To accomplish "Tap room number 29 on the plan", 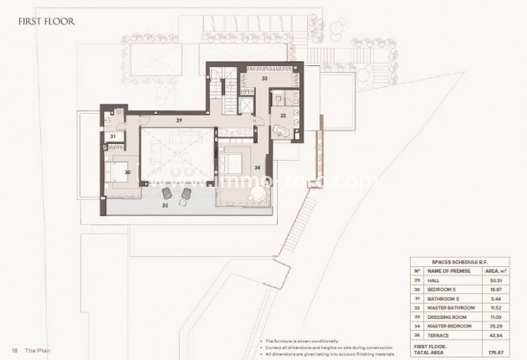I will (x=178, y=121).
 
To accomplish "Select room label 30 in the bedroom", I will (x=128, y=172).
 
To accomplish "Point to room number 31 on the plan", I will (x=113, y=136).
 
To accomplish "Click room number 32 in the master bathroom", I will (x=284, y=115).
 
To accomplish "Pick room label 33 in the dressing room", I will (x=263, y=78).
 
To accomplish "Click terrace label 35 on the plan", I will (x=165, y=203).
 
